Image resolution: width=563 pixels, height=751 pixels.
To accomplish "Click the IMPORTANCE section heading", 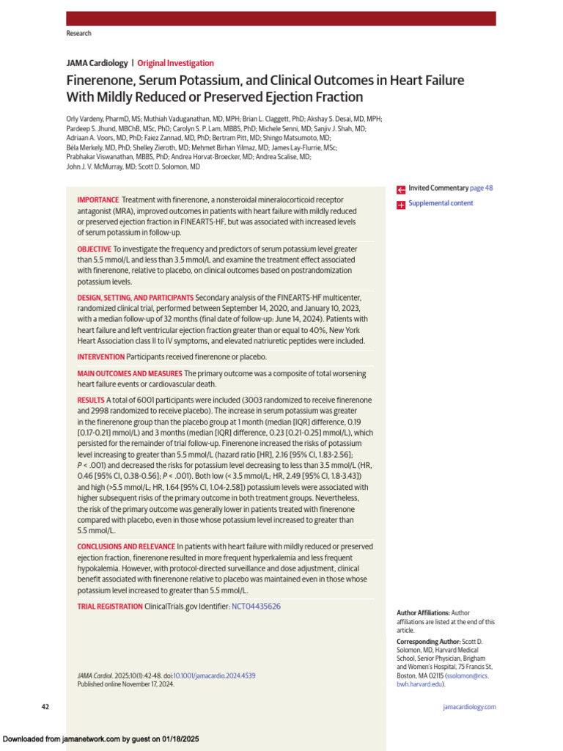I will click(98, 199).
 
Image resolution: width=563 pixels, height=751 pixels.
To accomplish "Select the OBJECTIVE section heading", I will click(95, 249).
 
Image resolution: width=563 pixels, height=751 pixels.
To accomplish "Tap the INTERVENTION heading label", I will click(101, 356).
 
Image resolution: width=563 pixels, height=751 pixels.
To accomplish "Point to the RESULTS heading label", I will click(91, 400).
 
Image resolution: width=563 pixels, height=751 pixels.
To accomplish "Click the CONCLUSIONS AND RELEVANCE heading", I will click(126, 546).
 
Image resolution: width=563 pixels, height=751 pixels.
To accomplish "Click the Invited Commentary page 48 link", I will click(450, 188).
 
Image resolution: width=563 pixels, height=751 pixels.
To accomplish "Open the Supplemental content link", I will click(441, 203).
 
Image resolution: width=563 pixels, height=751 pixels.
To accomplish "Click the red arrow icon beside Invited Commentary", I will click(401, 189).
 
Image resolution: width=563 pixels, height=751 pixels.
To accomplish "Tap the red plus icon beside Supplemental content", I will click(401, 205).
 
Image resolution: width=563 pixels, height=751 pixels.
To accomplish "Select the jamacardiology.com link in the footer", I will click(469, 707).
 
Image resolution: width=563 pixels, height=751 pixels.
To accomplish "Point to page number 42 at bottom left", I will click(45, 707).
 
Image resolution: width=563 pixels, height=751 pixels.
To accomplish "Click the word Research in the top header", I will click(78, 34).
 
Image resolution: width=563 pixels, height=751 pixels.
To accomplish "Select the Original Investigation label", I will click(175, 63).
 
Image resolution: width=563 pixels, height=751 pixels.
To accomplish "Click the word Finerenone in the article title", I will click(99, 81).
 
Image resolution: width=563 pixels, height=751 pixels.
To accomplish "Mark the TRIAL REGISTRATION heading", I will click(110, 607).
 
